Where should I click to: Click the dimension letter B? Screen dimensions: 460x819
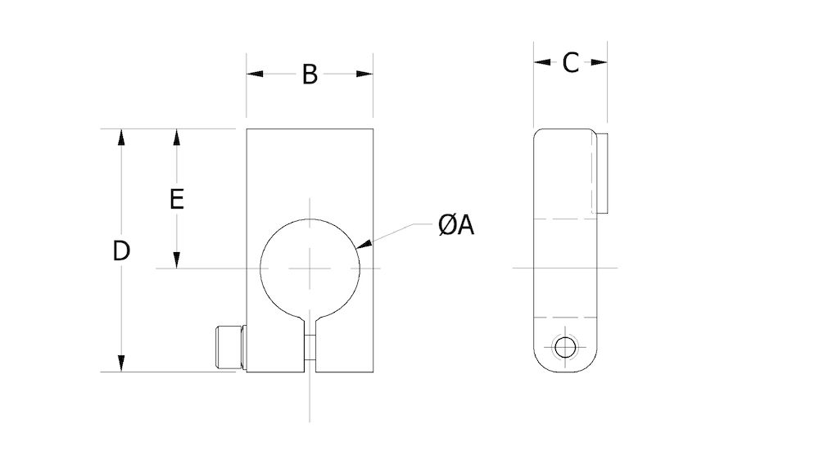coord(309,74)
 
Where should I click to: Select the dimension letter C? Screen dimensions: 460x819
coord(571,62)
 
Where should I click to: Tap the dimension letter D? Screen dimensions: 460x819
coord(121,251)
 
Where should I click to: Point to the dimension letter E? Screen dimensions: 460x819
coord(176,199)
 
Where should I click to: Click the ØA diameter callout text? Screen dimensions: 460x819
coord(456,225)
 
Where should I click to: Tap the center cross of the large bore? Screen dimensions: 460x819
coord(310,268)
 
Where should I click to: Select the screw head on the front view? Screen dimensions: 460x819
coord(229,347)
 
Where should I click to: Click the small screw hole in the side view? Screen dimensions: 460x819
coord(564,348)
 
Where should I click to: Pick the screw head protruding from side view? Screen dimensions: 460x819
coord(602,172)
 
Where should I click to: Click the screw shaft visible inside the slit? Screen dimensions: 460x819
coord(310,347)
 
